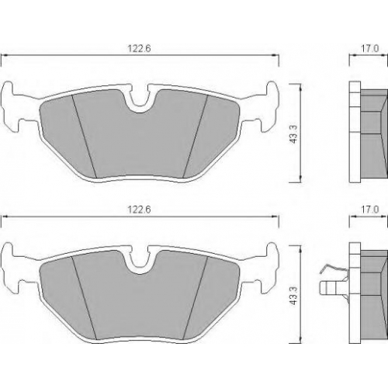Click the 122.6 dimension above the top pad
click(x=139, y=48)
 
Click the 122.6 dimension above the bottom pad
click(x=139, y=210)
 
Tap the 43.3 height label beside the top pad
click(x=294, y=134)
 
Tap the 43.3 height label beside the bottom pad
click(x=294, y=296)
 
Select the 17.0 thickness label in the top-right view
click(x=370, y=48)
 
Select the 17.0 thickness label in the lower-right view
click(x=370, y=210)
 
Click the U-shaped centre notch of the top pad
click(x=140, y=99)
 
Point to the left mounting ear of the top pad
click(x=11, y=106)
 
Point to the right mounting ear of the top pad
click(x=269, y=106)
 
